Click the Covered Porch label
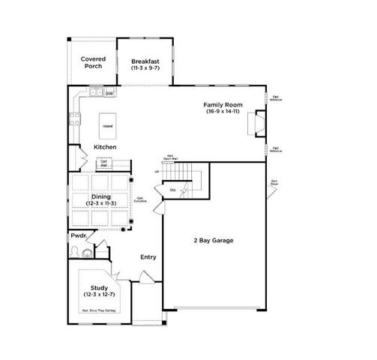[x=94, y=62]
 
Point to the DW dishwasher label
[x=109, y=93]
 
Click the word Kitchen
[x=105, y=147]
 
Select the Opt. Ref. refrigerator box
[x=103, y=163]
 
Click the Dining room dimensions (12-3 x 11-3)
[x=101, y=203]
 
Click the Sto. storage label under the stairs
[x=172, y=190]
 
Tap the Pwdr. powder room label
[x=80, y=235]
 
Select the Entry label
[x=148, y=257]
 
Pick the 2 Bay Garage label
[x=214, y=241]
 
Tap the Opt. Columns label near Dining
[x=140, y=199]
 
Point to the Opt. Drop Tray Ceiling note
[x=98, y=310]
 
